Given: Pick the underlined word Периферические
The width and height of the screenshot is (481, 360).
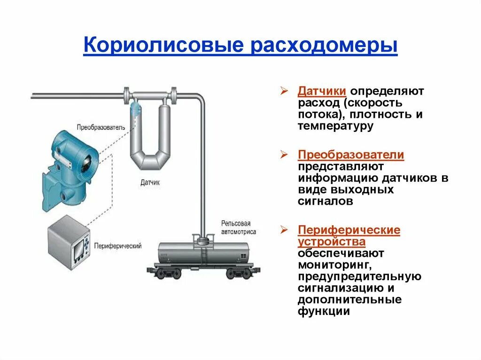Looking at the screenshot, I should click(349, 230).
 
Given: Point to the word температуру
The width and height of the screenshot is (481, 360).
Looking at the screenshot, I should click(335, 126).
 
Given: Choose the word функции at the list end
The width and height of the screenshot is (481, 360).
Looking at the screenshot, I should click(324, 311).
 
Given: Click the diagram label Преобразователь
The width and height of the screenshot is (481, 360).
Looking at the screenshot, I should click(101, 127).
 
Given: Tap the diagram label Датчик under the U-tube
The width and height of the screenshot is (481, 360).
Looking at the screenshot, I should click(150, 182).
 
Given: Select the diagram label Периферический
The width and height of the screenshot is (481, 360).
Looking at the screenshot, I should click(118, 246).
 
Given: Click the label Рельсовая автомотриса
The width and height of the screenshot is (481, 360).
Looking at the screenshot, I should click(239, 227).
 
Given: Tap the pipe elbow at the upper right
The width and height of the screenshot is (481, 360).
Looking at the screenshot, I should click(199, 99).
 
